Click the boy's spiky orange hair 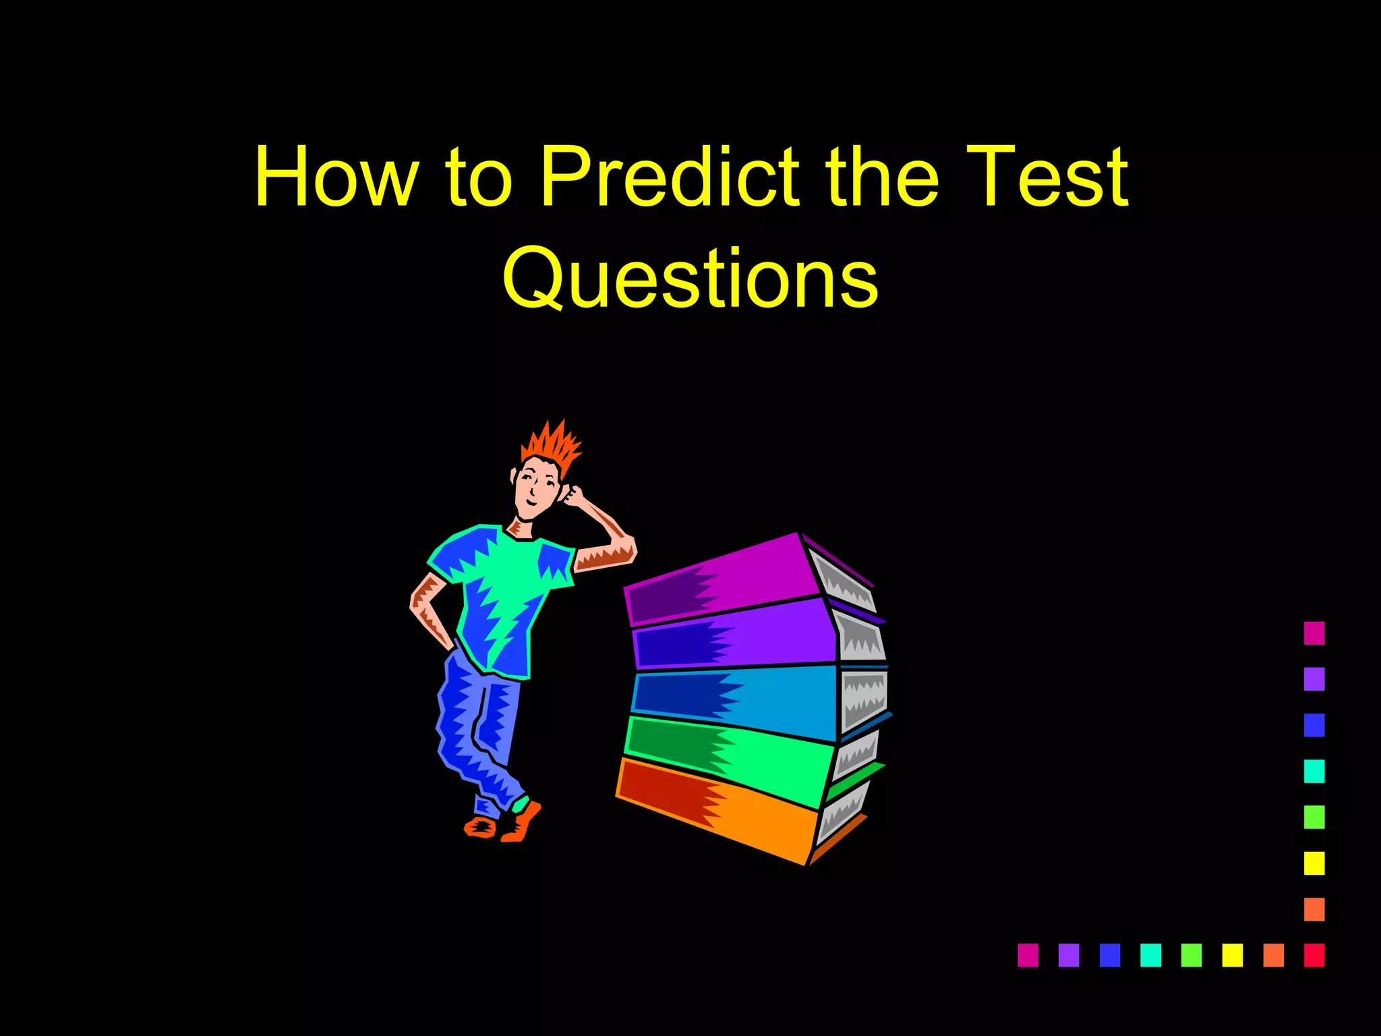point(553,445)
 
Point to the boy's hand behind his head point(573,497)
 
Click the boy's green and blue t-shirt point(502,594)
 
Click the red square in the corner point(1314,955)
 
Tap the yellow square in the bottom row point(1233,955)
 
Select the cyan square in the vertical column point(1314,771)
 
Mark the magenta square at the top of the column point(1314,633)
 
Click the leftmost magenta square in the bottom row point(1028,955)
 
